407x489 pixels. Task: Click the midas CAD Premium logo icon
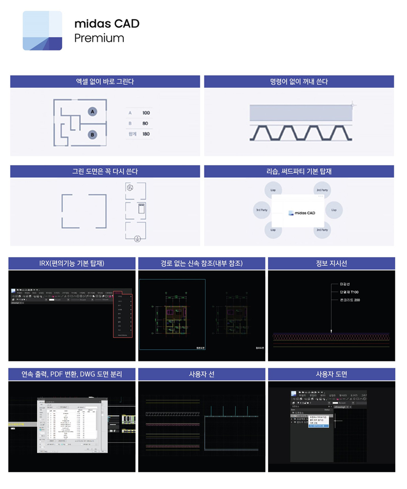pyautogui.click(x=42, y=31)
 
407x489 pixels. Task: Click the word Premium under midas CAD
pyautogui.click(x=99, y=38)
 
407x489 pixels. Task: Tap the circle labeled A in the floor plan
pyautogui.click(x=92, y=111)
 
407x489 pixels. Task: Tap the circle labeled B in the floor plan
pyautogui.click(x=92, y=134)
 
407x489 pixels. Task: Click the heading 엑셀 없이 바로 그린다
pyautogui.click(x=105, y=81)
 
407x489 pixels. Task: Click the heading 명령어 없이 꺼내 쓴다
pyautogui.click(x=299, y=81)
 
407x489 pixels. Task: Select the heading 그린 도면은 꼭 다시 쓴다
pyautogui.click(x=105, y=172)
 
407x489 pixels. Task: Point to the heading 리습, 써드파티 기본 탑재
pyautogui.click(x=299, y=172)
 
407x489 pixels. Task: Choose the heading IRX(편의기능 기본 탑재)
pyautogui.click(x=72, y=263)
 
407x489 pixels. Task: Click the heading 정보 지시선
pyautogui.click(x=331, y=263)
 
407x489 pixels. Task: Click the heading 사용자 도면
pyautogui.click(x=331, y=374)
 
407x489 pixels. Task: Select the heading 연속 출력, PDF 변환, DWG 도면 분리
pyautogui.click(x=72, y=374)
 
